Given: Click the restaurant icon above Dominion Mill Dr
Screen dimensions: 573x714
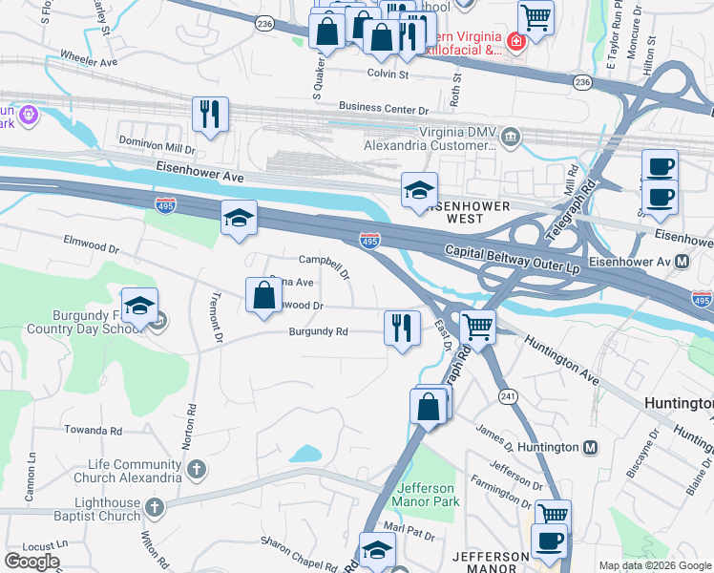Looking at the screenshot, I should tap(210, 114).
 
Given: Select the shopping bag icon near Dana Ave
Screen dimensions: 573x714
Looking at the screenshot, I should tap(263, 295).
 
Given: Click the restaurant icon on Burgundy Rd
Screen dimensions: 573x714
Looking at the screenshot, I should tap(402, 328).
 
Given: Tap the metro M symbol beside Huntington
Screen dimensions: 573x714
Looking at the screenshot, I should tap(591, 447).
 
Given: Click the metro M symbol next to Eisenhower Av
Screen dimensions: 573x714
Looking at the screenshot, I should tap(682, 261).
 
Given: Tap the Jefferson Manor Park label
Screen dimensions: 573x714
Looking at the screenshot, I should tap(426, 495).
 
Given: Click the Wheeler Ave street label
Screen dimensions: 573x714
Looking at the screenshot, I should tap(88, 59).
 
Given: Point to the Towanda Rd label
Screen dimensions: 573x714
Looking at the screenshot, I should tap(94, 430).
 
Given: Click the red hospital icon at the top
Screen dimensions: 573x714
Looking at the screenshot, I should tap(515, 42).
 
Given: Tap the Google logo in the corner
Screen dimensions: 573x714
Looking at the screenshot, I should tap(31, 562).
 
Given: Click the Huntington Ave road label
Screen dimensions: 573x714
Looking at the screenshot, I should tap(560, 365).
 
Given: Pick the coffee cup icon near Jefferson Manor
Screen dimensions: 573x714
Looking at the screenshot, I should tap(548, 541).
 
